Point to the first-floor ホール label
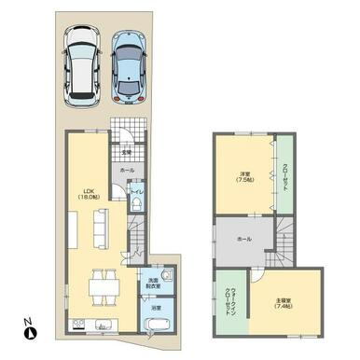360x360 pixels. [126, 172]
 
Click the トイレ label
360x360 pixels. [136, 192]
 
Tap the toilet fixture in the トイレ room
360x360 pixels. [136, 207]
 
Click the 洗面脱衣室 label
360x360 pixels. [152, 283]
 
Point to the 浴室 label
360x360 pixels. [155, 307]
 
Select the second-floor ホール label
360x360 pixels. [243, 240]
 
